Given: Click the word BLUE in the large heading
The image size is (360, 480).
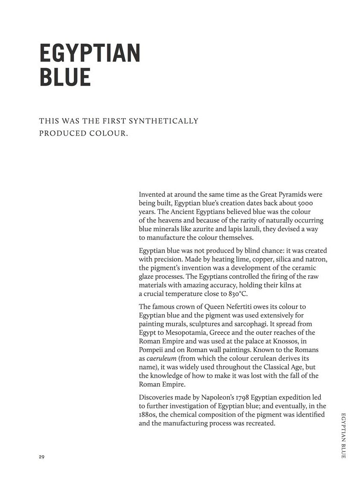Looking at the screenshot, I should (x=65, y=77).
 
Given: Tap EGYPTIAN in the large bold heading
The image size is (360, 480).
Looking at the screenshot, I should (x=90, y=53).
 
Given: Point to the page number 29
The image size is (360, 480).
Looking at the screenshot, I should (x=41, y=457).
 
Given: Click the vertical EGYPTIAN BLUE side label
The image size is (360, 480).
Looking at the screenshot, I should (x=343, y=435).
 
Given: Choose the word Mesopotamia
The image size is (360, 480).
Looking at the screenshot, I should (x=184, y=333).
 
